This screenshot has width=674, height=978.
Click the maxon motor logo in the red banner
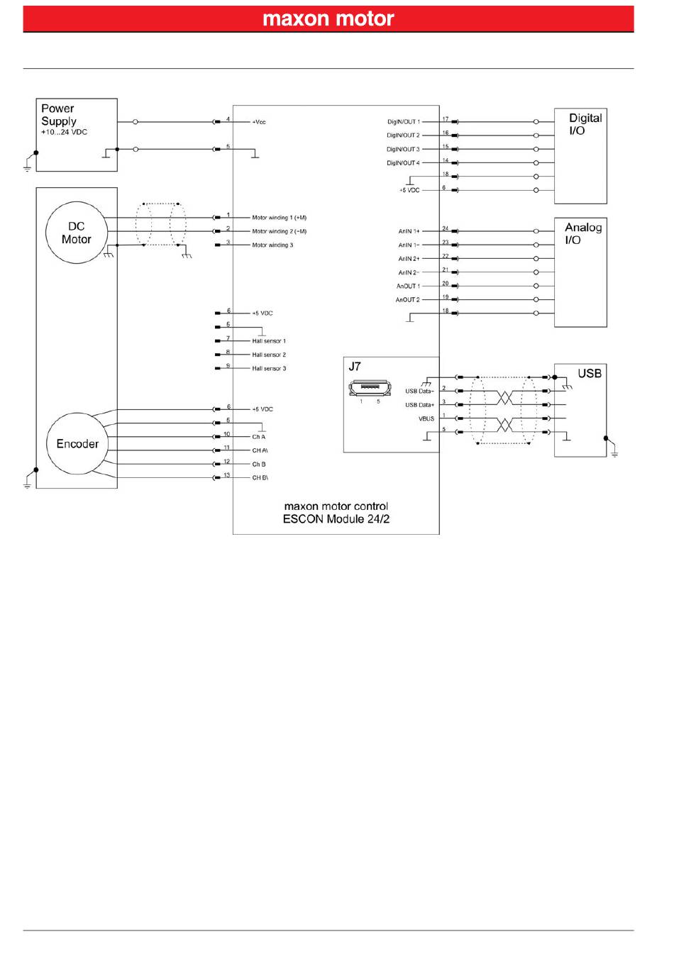click(328, 18)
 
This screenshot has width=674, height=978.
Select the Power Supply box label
click(58, 114)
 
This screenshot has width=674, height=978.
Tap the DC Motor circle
click(76, 233)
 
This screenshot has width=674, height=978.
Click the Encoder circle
click(77, 444)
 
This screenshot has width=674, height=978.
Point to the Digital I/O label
click(585, 124)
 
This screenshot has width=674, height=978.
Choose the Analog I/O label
click(582, 233)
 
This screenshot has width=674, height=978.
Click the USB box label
click(590, 373)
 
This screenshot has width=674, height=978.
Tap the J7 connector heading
click(355, 367)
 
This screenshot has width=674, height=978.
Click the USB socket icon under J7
click(369, 388)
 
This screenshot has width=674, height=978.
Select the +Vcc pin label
click(259, 122)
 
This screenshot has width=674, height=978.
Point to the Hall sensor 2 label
click(269, 355)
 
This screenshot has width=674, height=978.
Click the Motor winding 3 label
click(272, 245)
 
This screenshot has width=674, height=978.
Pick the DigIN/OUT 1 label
click(403, 122)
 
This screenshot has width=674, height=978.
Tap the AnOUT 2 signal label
click(408, 300)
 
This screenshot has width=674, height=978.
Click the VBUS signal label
click(426, 419)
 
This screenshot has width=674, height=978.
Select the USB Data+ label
click(419, 405)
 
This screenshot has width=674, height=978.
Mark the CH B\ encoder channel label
click(260, 478)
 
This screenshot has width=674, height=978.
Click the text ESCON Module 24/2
click(336, 519)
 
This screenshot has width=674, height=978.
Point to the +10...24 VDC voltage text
click(64, 133)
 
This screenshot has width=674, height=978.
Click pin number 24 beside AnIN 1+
click(446, 228)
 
